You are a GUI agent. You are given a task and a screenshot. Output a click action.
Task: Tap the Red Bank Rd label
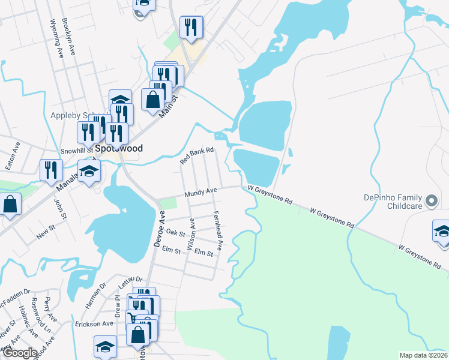click(197, 156)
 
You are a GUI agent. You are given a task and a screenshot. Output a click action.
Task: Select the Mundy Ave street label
click(200, 193)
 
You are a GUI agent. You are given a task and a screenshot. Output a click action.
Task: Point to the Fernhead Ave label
click(218, 230)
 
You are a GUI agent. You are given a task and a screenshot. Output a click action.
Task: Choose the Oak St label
click(175, 233)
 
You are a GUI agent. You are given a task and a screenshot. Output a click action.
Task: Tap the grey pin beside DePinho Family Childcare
click(430, 201)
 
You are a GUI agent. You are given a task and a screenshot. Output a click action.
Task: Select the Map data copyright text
click(423, 355)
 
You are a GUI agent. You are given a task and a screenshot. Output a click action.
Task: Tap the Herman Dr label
click(95, 296)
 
